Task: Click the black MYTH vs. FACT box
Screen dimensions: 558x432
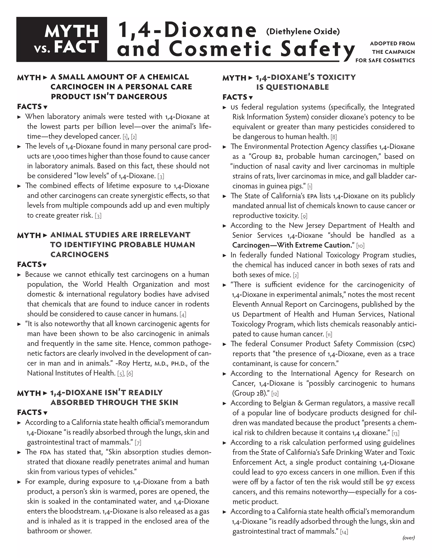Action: click(62, 39)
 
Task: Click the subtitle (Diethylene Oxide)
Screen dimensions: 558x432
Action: click(303, 31)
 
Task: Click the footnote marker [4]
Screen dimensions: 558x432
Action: click(183, 314)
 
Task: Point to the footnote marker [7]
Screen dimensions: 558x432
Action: click(138, 443)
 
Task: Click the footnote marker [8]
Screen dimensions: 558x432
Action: click(333, 137)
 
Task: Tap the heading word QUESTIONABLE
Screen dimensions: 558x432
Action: click(292, 87)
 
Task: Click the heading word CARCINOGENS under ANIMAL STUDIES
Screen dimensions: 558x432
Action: click(80, 255)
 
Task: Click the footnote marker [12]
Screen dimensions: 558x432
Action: click(275, 394)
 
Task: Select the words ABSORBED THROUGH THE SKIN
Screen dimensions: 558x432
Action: click(114, 403)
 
